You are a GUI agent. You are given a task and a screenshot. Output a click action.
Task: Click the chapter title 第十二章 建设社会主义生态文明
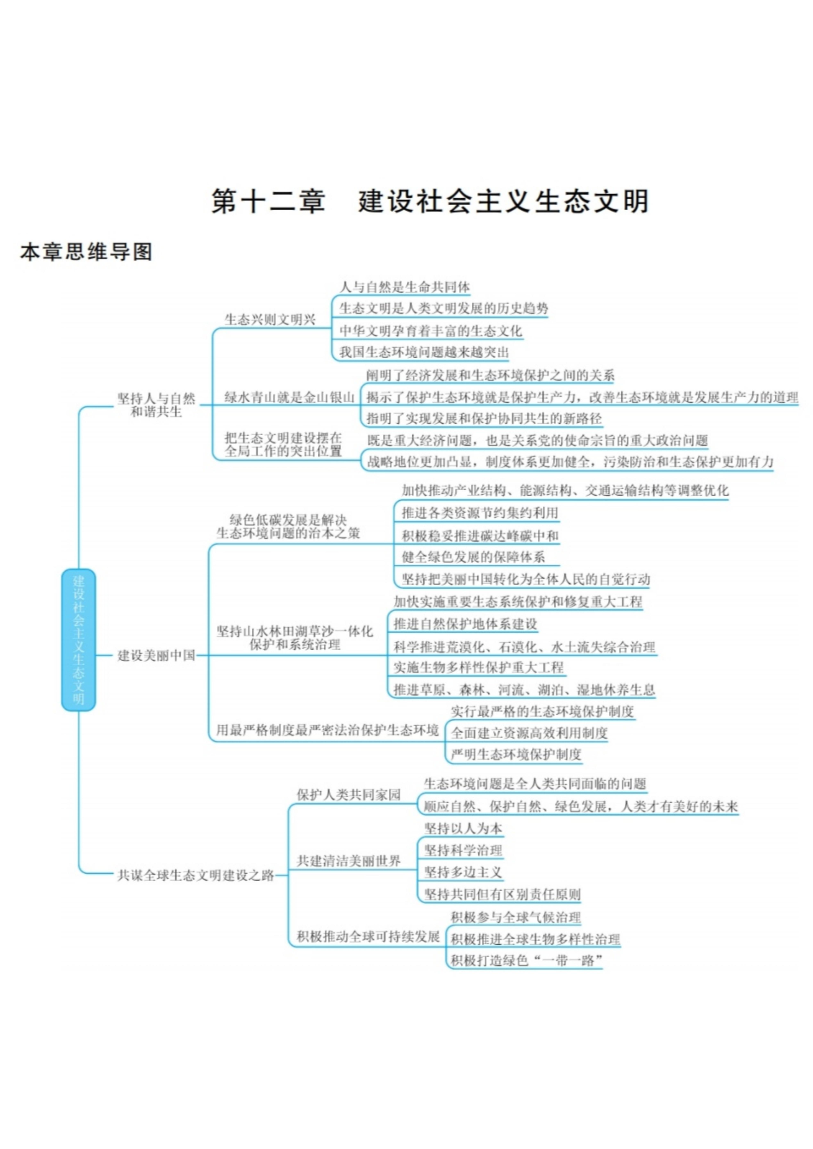(430, 201)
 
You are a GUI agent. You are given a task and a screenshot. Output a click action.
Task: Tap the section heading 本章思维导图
(86, 252)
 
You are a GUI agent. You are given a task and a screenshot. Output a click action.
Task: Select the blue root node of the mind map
(79, 640)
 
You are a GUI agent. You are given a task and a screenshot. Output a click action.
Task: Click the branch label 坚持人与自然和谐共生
(156, 405)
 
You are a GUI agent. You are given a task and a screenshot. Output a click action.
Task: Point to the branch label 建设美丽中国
(156, 656)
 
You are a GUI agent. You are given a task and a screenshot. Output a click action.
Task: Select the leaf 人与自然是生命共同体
(405, 287)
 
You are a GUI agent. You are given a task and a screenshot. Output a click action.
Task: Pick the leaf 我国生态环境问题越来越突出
(424, 352)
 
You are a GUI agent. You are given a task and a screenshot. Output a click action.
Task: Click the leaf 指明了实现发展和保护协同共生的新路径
(484, 418)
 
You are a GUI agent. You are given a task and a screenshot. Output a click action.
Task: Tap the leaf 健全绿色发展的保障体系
(473, 557)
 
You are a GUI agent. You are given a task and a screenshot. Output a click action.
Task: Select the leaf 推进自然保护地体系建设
(465, 624)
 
